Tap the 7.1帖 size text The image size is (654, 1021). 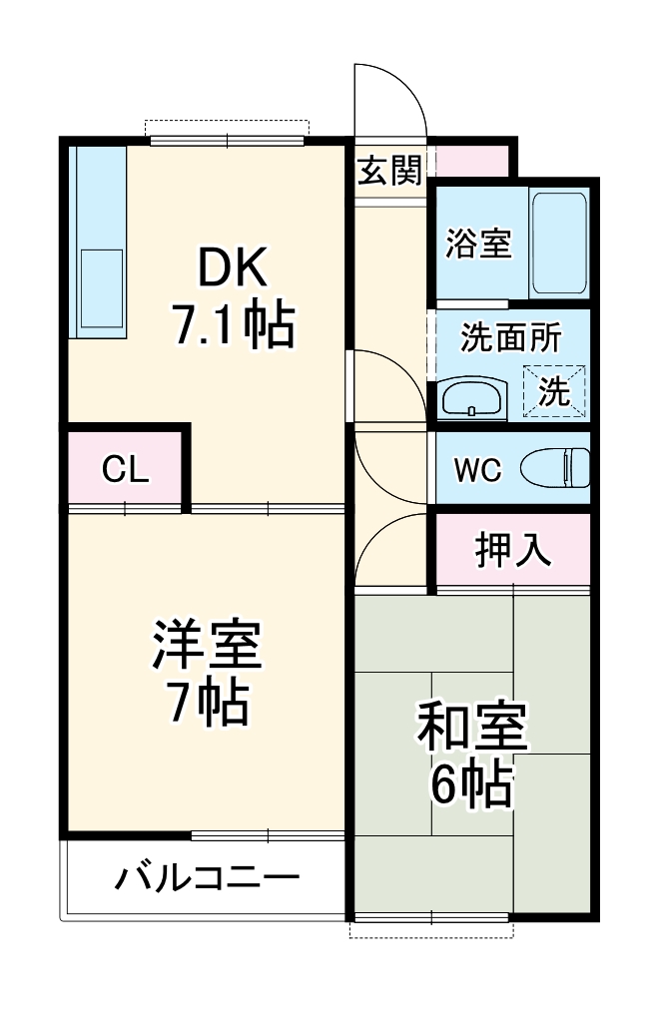click(x=234, y=324)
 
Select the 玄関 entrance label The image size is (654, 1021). click(x=389, y=171)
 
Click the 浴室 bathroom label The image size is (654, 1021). click(x=478, y=243)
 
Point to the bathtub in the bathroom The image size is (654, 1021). click(x=559, y=242)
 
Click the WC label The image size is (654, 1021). click(x=479, y=469)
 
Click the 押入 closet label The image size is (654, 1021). click(x=512, y=550)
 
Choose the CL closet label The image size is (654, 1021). click(x=126, y=469)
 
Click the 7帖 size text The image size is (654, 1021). click(x=207, y=704)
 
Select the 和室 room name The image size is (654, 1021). click(x=471, y=732)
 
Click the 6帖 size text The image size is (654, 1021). click(x=471, y=786)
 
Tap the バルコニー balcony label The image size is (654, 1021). click(x=207, y=878)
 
